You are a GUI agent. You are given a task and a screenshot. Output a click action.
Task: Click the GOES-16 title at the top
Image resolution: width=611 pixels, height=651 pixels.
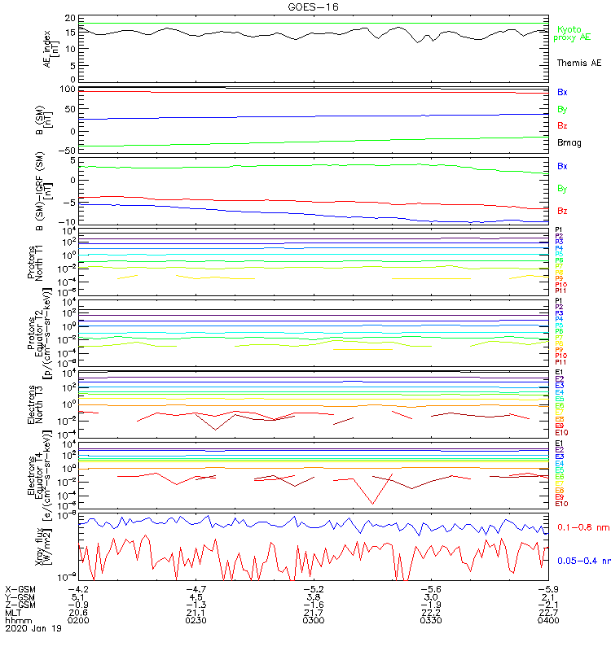click(314, 7)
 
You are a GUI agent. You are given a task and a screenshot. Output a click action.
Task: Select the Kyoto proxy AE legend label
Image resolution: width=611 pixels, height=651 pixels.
click(572, 33)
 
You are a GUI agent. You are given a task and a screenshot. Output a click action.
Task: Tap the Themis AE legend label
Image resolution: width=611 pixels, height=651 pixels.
click(578, 63)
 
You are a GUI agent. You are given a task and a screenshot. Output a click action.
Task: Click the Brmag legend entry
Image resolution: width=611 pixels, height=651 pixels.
click(569, 142)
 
